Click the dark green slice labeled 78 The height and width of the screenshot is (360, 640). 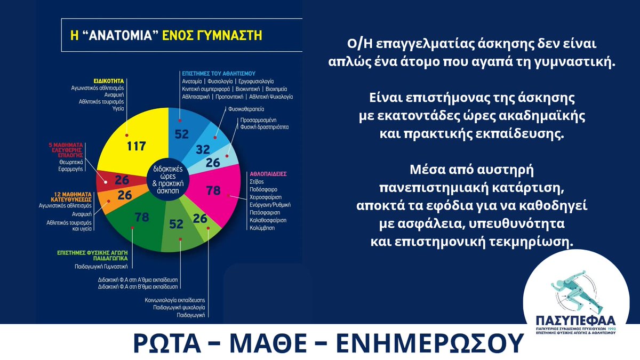tap(141, 218)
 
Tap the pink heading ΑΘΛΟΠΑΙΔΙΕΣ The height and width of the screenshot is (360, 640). tap(270, 174)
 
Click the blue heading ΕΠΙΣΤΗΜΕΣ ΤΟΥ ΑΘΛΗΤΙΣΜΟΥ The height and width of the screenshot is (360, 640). tap(215, 73)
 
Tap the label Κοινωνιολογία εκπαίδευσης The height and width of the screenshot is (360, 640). tap(175, 301)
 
